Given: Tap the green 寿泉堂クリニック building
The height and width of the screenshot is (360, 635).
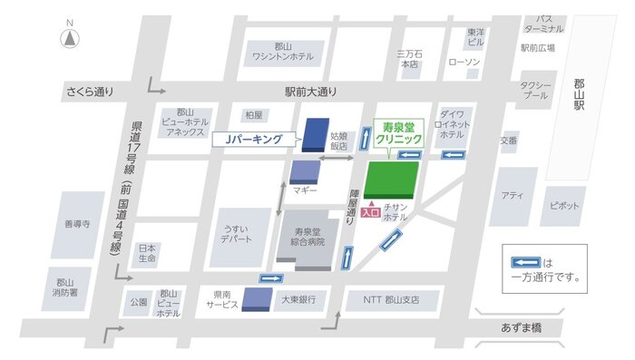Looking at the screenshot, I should [x=392, y=179].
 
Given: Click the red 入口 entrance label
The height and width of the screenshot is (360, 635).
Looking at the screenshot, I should [x=370, y=213].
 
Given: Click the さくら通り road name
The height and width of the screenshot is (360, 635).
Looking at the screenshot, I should [x=90, y=92].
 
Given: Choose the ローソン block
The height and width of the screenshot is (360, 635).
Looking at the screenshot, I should [x=464, y=63].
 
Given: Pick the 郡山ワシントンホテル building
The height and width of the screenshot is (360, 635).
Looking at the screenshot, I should [x=282, y=52].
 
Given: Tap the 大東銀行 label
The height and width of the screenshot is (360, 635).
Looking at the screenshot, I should [x=298, y=298].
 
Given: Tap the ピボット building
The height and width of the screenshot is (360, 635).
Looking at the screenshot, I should [x=563, y=206].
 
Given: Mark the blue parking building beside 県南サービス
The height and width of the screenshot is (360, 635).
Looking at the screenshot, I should [x=257, y=298].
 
